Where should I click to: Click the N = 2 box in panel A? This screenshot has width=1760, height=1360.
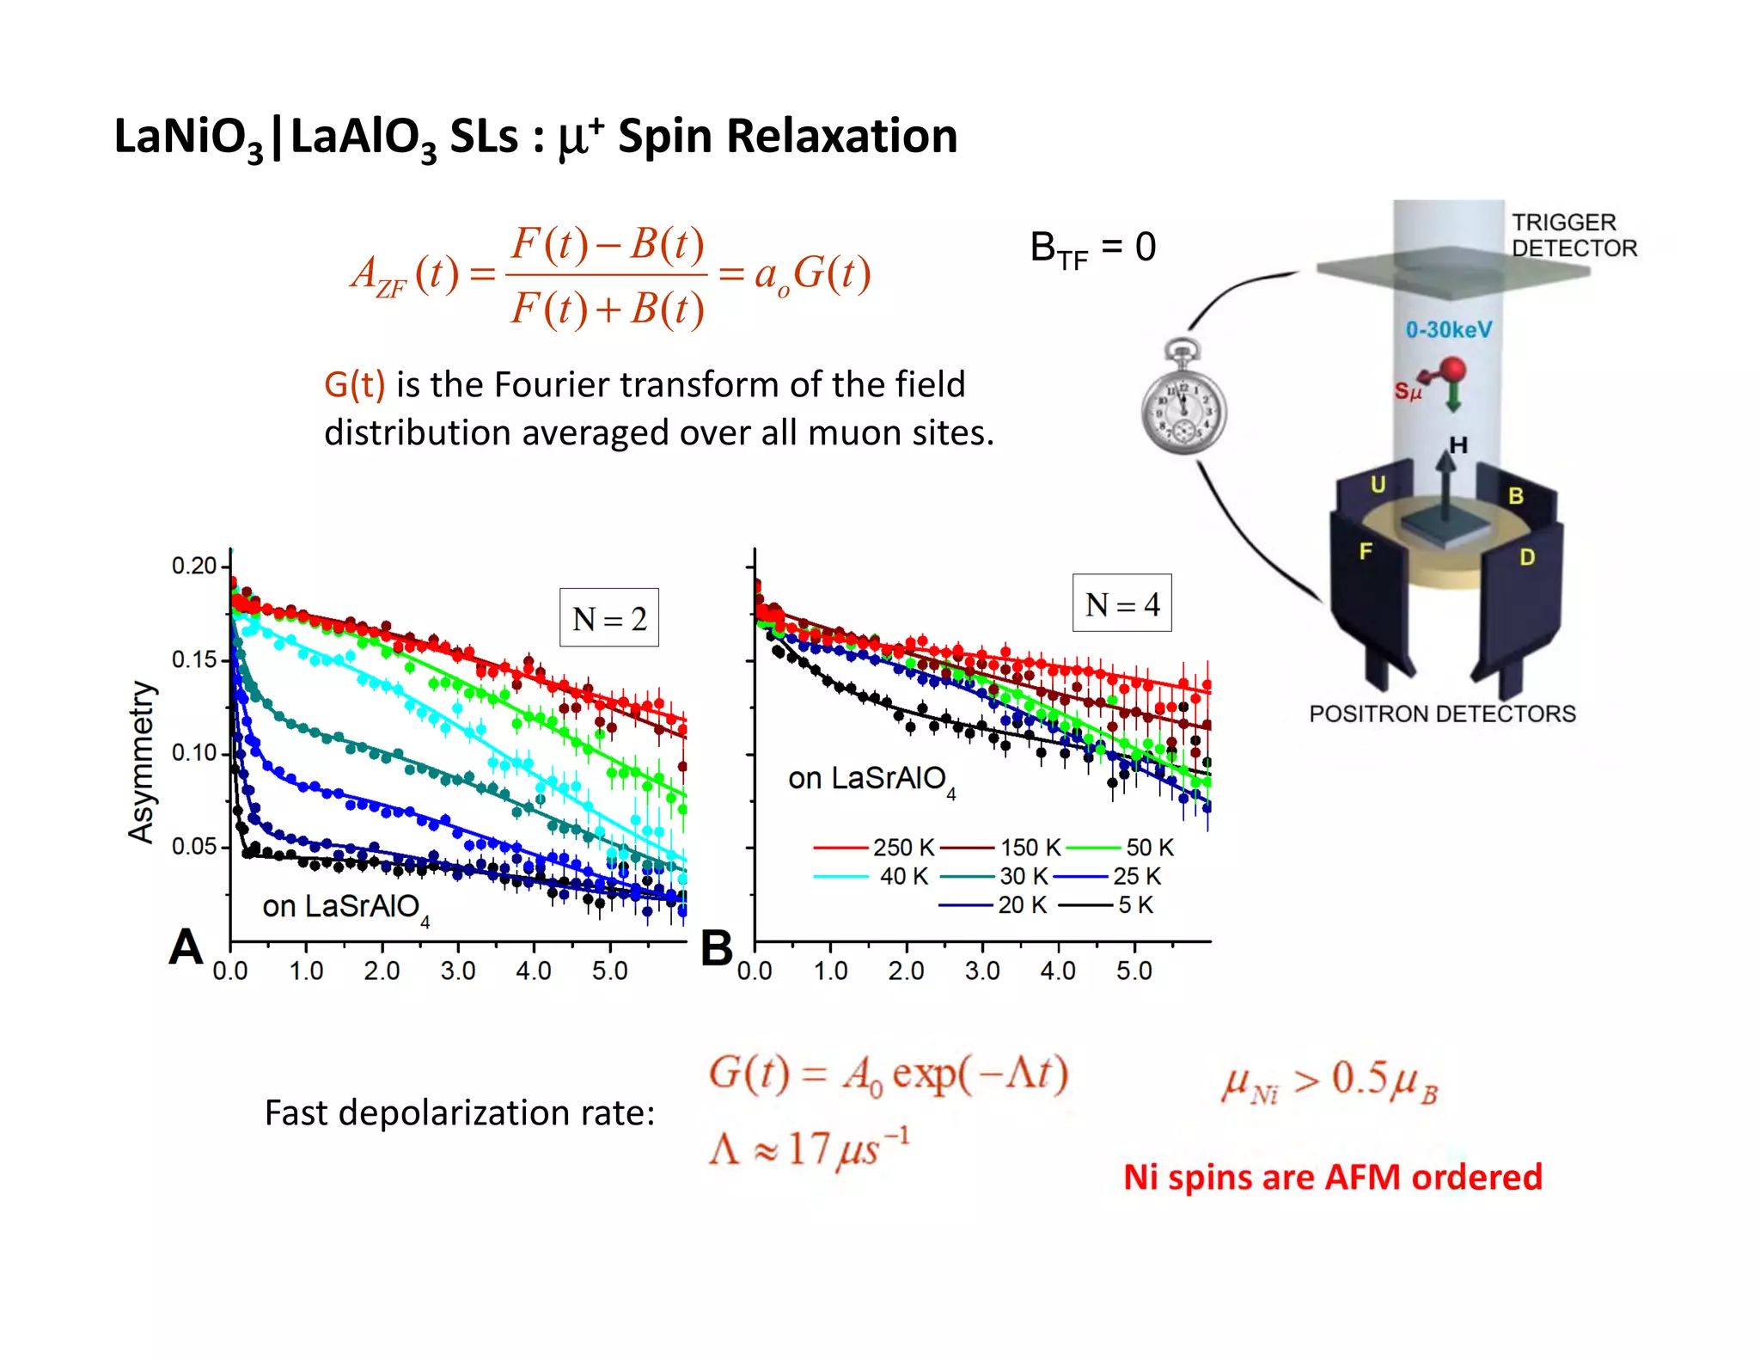(608, 617)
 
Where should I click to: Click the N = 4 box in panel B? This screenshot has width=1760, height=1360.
(1121, 603)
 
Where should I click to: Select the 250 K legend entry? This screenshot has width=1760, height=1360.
(874, 848)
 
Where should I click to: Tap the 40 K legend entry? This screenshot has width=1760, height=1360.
(872, 876)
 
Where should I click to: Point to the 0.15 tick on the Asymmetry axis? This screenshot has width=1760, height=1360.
(194, 660)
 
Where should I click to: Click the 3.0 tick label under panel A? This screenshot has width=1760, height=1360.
(457, 971)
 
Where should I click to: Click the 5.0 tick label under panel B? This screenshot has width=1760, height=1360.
(1134, 971)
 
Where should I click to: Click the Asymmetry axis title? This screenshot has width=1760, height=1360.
(142, 762)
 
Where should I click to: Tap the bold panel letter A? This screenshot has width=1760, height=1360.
(186, 947)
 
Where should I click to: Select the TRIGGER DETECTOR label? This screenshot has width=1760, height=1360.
(1574, 235)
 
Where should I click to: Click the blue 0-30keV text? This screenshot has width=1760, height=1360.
(1449, 329)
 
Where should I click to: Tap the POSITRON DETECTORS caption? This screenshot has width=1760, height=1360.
(1442, 714)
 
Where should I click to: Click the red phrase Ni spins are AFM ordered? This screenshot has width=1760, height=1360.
(1333, 1177)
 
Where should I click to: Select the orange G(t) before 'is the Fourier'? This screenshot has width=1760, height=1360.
(354, 384)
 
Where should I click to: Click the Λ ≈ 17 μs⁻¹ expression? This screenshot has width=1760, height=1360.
(809, 1148)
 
